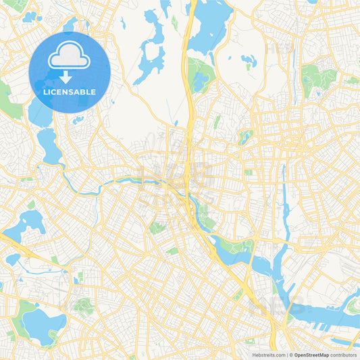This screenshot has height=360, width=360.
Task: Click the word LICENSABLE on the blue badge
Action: point(70,92)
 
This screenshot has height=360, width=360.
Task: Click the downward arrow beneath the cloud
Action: point(70,75)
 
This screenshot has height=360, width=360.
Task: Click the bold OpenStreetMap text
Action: point(311,355)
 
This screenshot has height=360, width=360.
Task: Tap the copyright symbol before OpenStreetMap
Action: point(290,355)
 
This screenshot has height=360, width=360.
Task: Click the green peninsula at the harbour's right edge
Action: point(353,307)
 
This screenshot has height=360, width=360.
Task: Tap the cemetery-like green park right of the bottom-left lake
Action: point(84,307)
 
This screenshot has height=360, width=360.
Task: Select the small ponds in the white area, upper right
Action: point(249,61)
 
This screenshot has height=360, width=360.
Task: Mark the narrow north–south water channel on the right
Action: point(282,196)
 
